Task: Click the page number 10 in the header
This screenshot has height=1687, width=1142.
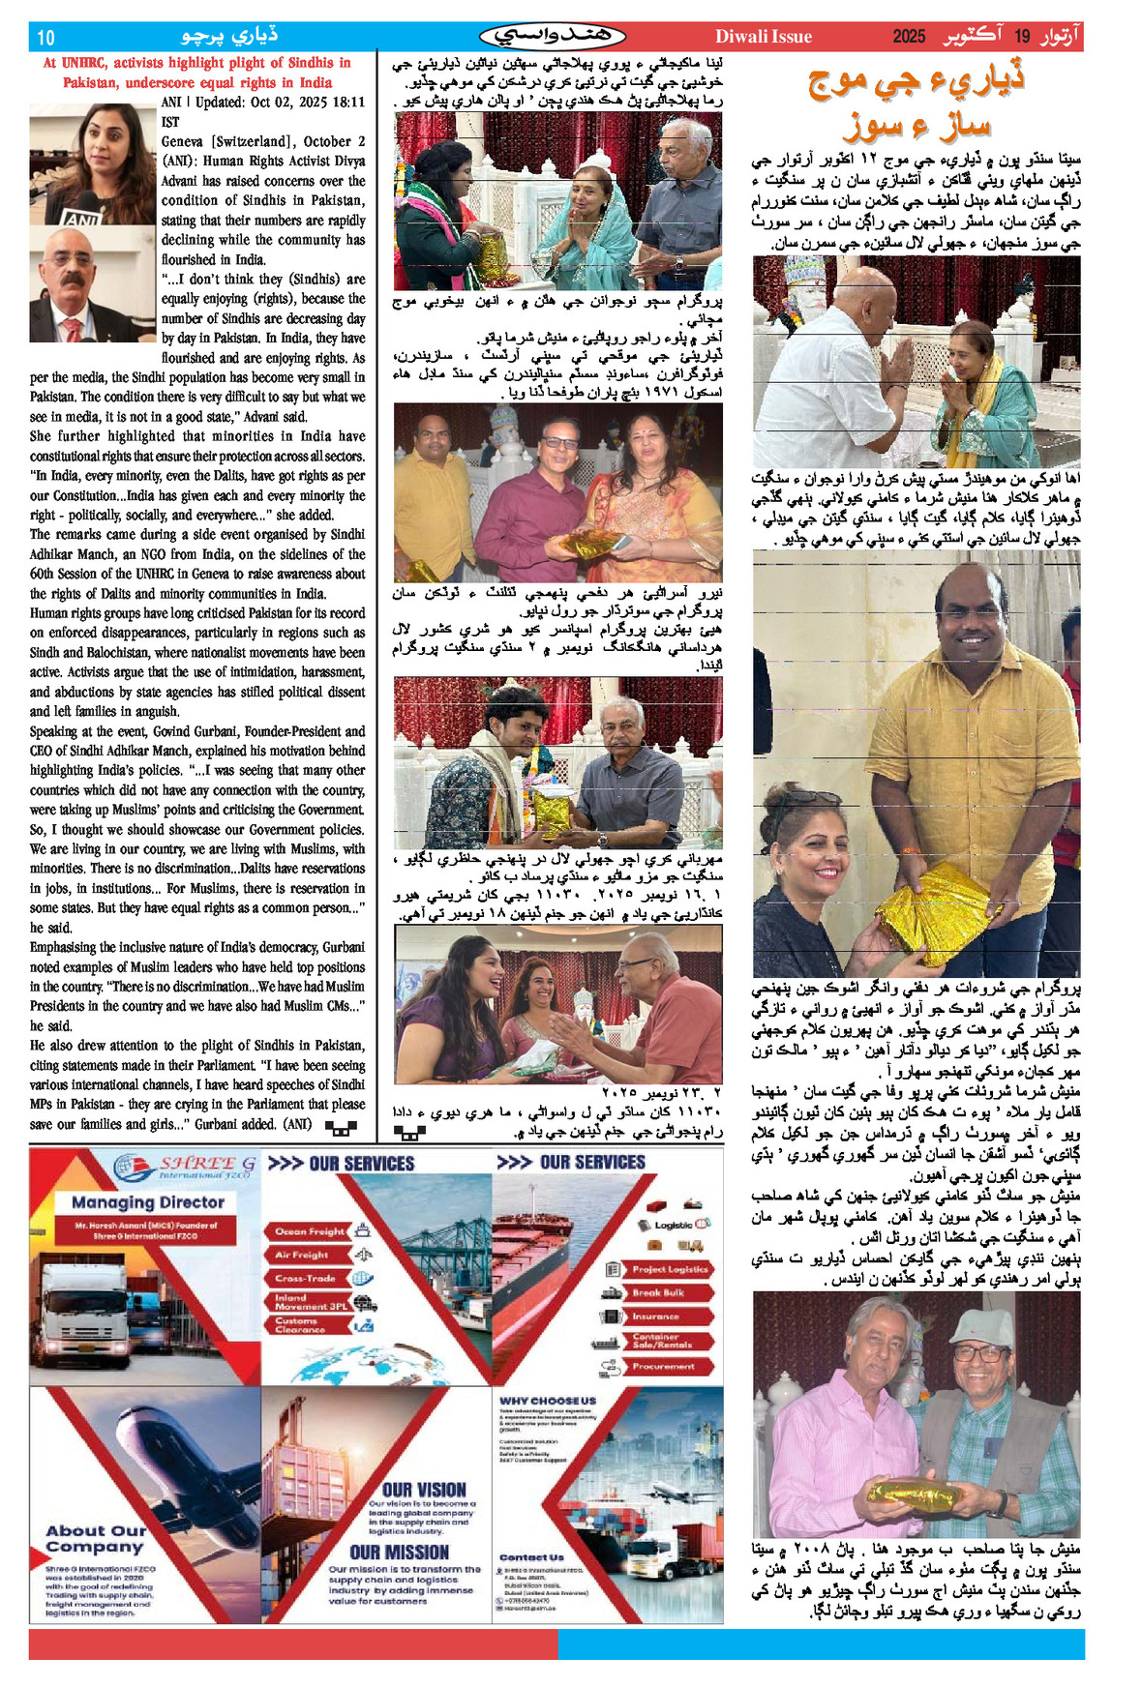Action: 45,38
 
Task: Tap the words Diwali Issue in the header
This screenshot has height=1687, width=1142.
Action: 763,37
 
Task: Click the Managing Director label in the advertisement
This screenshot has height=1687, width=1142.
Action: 147,1202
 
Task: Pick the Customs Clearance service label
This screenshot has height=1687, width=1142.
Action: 297,1325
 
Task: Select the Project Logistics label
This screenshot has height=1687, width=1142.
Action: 670,1269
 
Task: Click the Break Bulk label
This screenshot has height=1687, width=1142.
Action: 658,1292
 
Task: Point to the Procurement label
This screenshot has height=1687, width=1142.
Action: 663,1367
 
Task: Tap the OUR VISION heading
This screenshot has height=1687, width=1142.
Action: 424,1490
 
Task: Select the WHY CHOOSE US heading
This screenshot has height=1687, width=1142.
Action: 548,1401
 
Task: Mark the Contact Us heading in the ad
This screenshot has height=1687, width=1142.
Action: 531,1557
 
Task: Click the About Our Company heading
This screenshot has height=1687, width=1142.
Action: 95,1538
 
